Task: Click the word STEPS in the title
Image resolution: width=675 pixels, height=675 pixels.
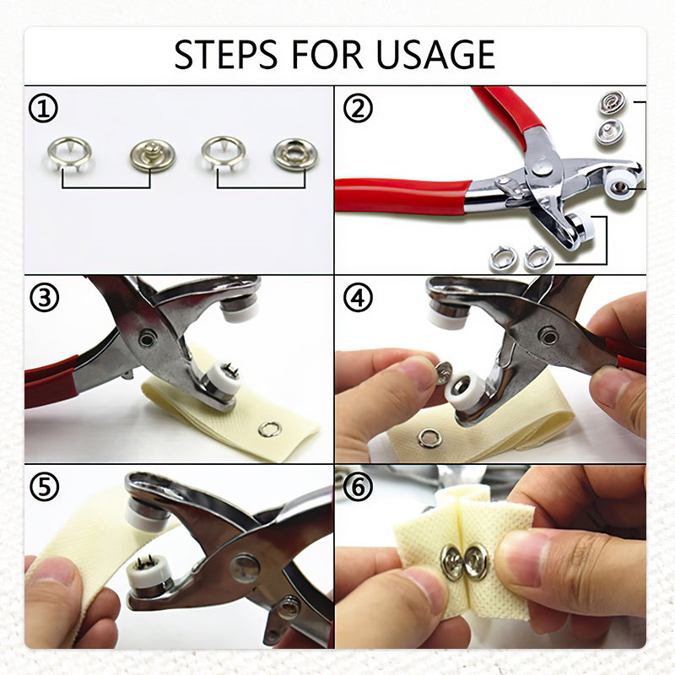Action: [225, 54]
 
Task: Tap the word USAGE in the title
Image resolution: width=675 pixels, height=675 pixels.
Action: [435, 54]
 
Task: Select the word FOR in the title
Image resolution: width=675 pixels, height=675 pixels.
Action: [327, 54]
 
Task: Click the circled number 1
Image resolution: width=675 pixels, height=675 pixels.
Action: [43, 108]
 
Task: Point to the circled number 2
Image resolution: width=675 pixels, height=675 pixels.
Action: [358, 108]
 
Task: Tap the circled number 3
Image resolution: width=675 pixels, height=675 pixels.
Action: [45, 297]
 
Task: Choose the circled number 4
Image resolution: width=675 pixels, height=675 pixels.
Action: [358, 297]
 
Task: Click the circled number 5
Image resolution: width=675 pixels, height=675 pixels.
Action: [45, 487]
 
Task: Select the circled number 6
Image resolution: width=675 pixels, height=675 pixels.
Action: [358, 487]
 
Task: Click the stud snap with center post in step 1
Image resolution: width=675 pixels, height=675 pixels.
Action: [153, 155]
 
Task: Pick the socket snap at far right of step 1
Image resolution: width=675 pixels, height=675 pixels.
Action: [295, 154]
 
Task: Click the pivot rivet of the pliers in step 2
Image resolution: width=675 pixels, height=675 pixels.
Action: [542, 165]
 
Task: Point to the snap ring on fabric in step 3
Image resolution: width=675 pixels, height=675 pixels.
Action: [270, 429]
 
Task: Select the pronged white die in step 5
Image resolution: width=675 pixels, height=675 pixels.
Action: [148, 572]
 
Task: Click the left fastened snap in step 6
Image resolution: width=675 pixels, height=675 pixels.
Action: [451, 561]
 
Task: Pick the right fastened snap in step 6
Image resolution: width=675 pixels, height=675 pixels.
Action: [476, 562]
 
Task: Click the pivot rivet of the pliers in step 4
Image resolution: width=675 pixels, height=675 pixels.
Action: [549, 334]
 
